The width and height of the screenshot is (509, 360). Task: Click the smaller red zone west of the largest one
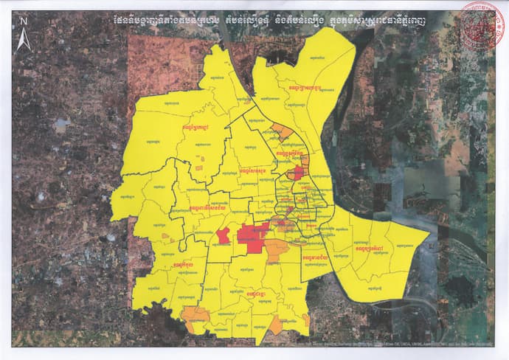tap(222, 236)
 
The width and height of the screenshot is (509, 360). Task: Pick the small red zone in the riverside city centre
tap(298, 173)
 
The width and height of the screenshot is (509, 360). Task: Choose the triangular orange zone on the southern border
tap(275, 325)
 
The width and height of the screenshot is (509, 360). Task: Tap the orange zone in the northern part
tap(283, 133)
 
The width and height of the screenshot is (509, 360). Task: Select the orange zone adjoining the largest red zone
tap(276, 250)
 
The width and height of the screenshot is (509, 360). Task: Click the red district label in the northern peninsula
tap(302, 89)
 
